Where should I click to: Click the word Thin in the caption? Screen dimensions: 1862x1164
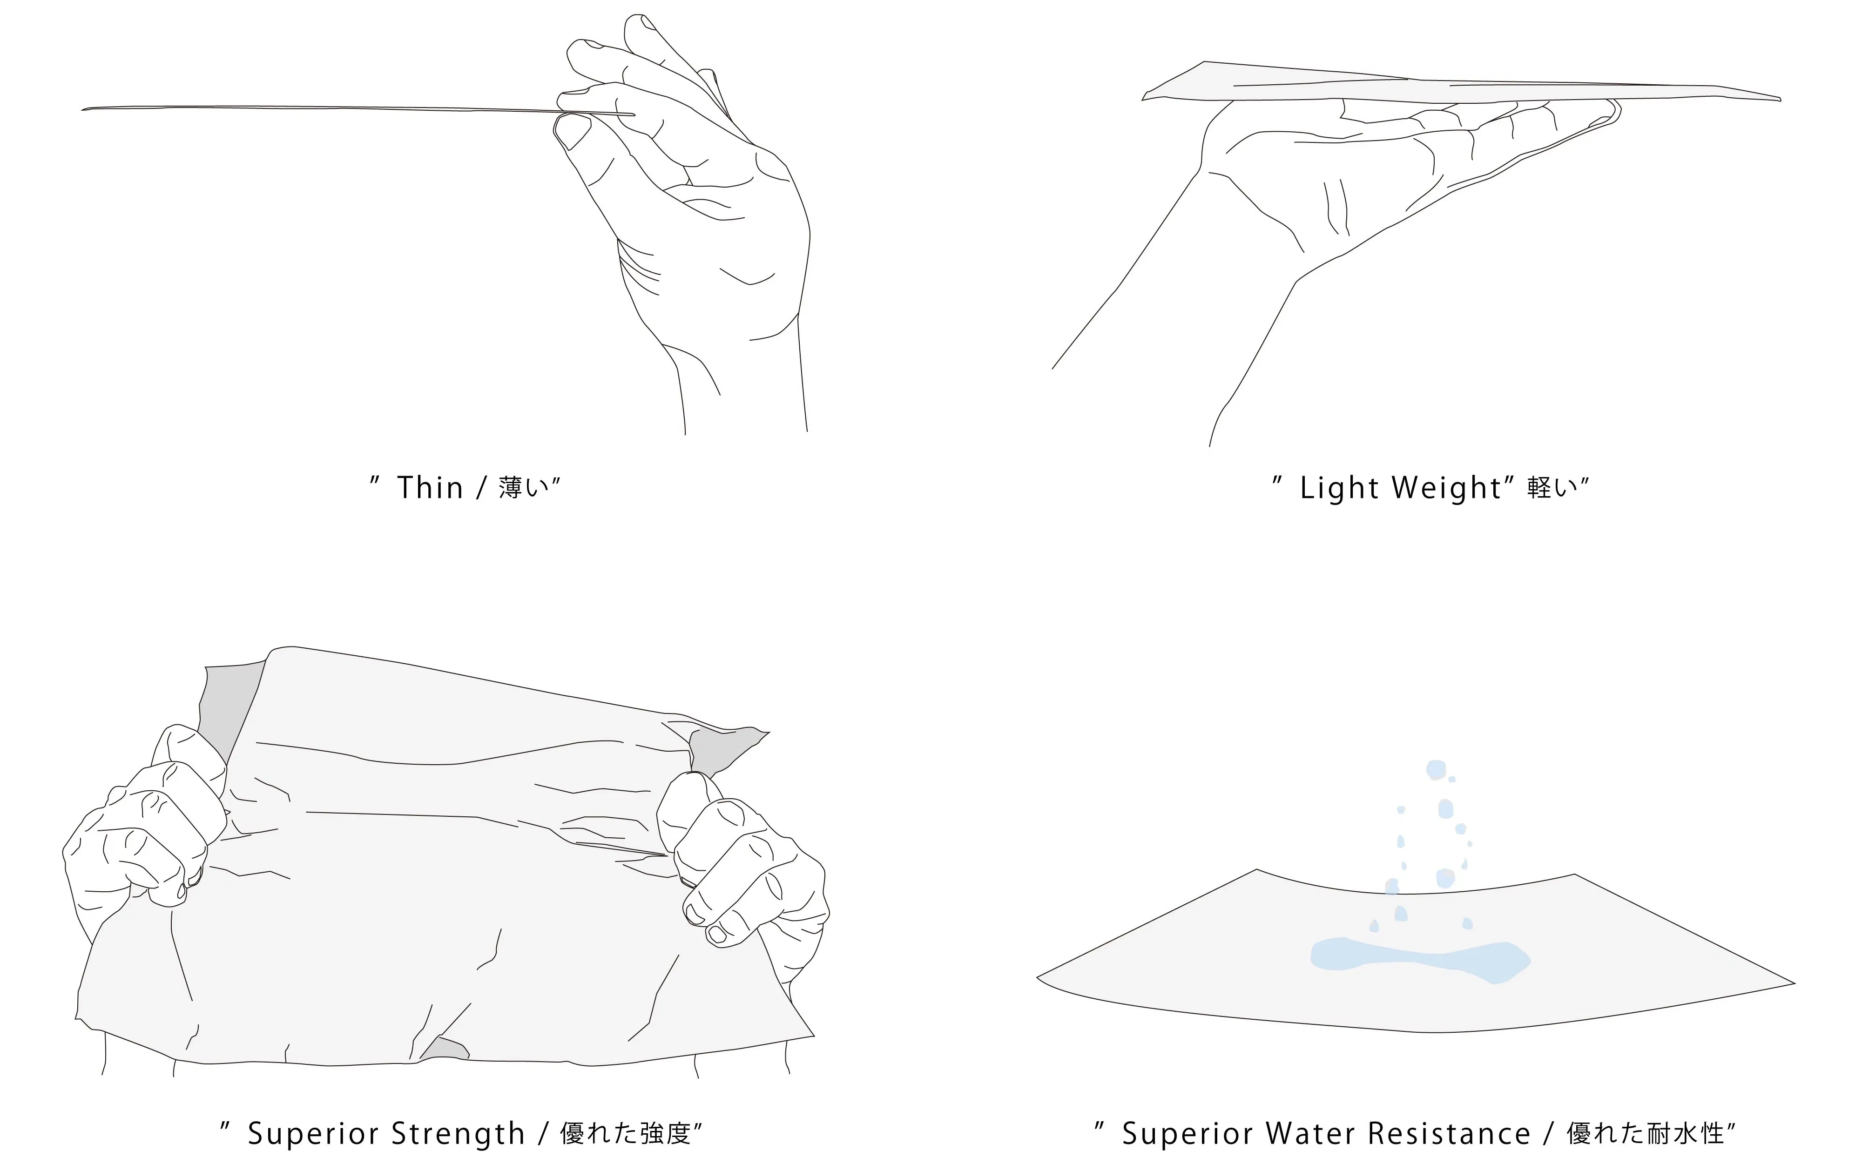(x=430, y=488)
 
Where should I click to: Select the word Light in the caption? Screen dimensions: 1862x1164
(x=1339, y=488)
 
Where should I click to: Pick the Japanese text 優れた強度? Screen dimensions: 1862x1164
(x=625, y=1133)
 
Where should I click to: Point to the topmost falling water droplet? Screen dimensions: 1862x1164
(x=1437, y=770)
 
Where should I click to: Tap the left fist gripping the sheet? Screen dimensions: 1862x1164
(x=146, y=824)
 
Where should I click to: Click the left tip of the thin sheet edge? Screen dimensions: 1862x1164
(x=82, y=109)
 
